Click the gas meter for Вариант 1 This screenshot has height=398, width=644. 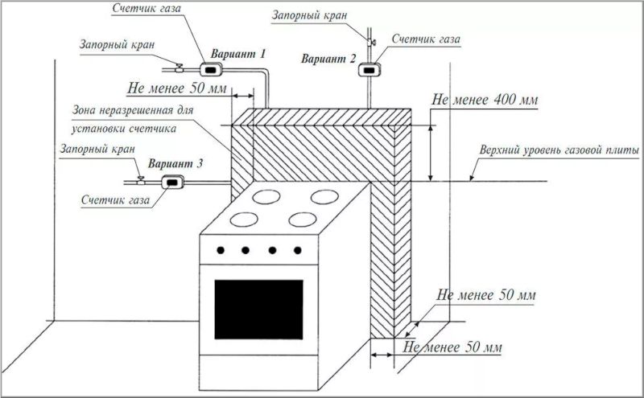211,70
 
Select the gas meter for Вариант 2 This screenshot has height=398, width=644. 369,70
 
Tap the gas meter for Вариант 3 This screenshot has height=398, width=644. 172,182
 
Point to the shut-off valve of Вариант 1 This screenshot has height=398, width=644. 180,68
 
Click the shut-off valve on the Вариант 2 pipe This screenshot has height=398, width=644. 371,42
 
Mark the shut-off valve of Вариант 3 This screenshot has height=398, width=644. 141,180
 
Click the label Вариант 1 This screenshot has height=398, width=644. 238,54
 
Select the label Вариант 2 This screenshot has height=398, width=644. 328,59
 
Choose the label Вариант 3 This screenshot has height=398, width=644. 175,164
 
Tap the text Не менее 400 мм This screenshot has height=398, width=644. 485,100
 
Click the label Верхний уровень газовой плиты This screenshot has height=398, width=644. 559,150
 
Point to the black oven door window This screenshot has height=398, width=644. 258,310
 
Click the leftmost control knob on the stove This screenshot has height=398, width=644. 221,250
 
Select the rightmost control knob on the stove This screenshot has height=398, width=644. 298,250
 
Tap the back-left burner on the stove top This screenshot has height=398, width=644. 266,197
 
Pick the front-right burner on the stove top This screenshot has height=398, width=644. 303,220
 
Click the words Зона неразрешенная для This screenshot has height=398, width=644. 133,110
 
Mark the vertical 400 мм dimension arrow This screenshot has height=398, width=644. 431,153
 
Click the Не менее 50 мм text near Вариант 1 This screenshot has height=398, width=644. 177,88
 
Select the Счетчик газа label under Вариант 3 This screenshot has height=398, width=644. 115,200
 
